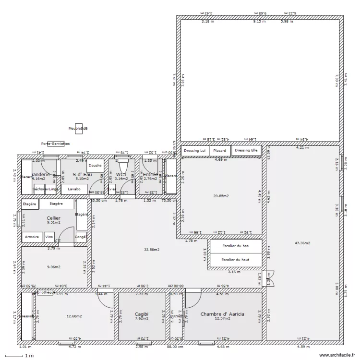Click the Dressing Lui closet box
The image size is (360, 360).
195,151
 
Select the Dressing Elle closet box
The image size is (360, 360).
247,150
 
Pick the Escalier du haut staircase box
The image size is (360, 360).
235,260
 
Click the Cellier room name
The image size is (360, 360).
53,218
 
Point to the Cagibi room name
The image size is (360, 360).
141,313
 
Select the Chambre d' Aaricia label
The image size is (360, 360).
222,314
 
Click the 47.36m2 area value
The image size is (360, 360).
302,243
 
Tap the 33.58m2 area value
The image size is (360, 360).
152,250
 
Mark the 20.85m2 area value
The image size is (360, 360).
221,196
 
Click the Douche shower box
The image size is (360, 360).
95,166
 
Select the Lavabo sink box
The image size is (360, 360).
74,189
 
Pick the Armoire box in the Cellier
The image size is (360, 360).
32,237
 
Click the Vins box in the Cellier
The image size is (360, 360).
49,237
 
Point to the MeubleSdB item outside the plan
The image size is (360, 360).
78,128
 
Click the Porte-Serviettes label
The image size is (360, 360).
56,144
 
